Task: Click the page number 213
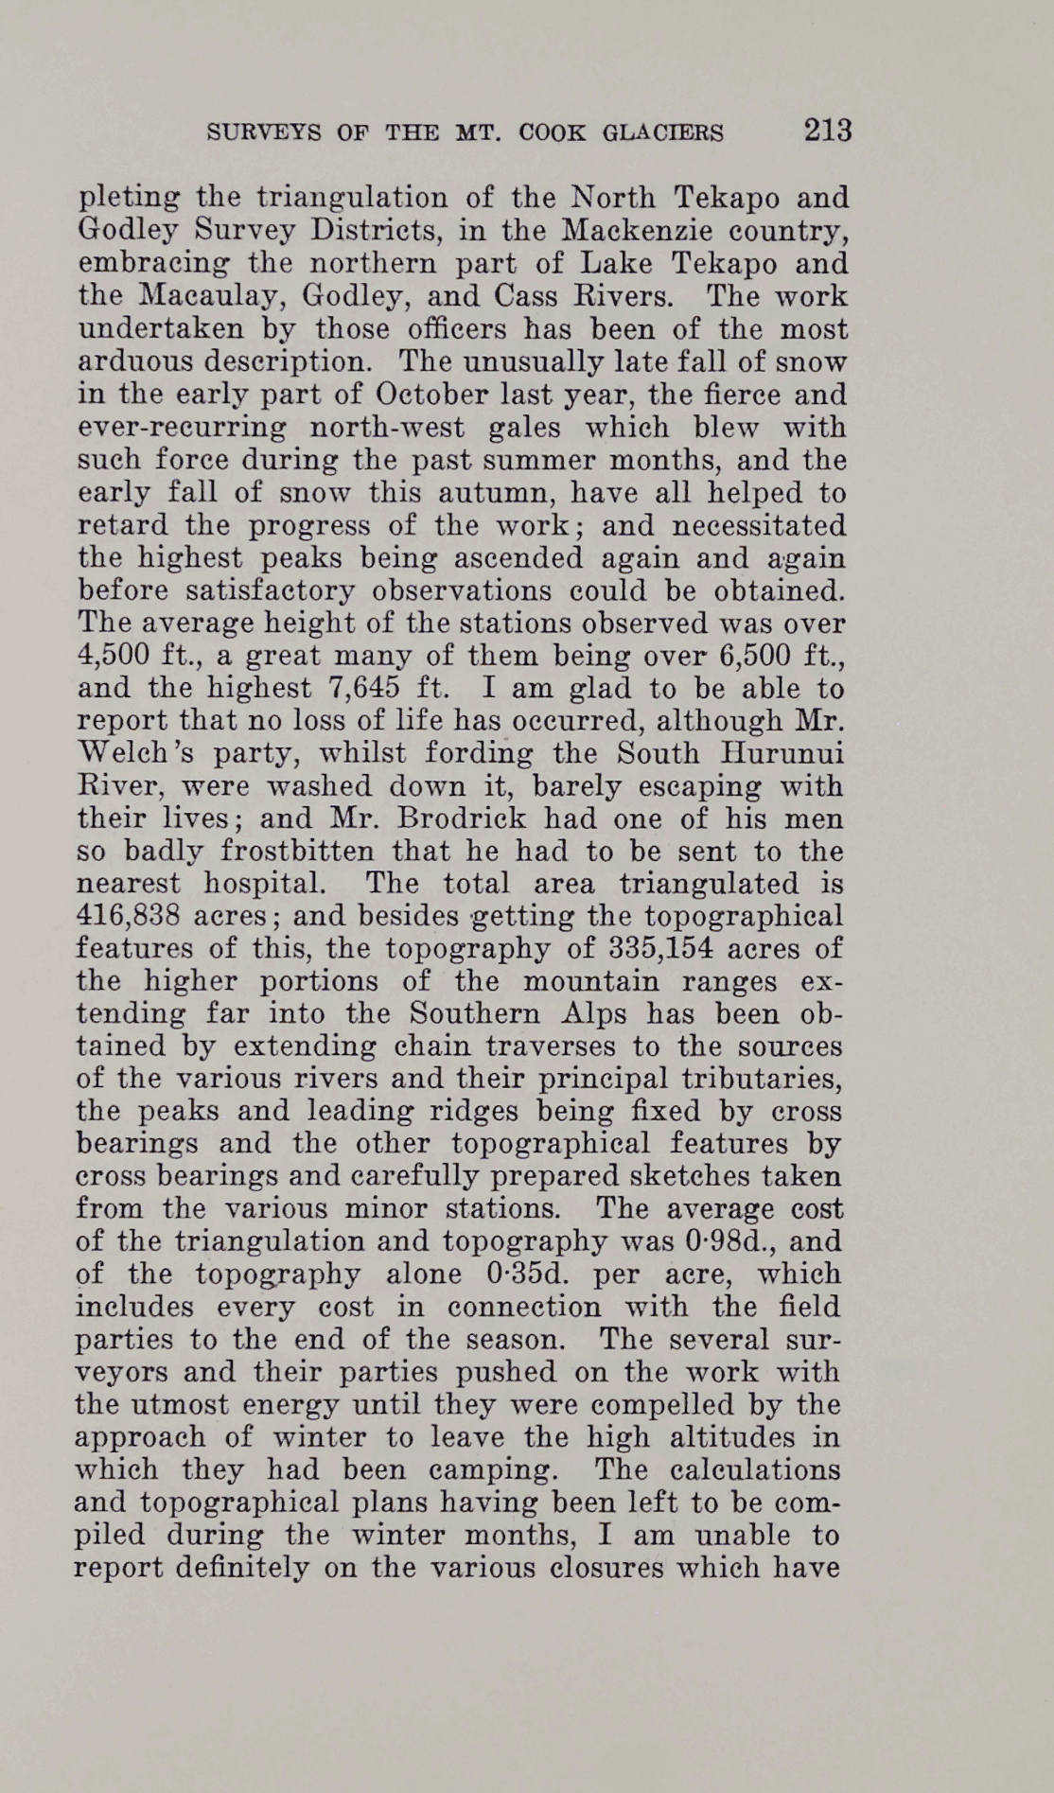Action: click(828, 130)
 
